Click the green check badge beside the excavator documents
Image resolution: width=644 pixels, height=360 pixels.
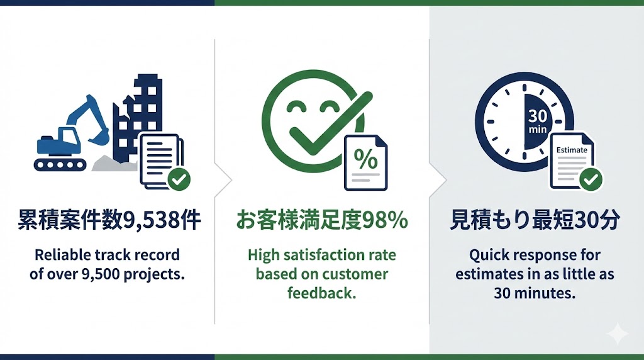coord(179,179)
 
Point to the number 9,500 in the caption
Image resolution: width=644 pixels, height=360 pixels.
coord(101,274)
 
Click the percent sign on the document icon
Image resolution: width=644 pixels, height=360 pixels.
coord(365,159)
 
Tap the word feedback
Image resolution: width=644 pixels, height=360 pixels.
coord(321,293)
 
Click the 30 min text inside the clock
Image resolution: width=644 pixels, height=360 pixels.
coord(538,121)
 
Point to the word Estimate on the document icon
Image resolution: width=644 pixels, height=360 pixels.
coord(572,150)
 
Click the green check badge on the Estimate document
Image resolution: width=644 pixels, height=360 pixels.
coord(591,179)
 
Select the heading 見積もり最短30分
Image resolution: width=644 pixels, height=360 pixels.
coord(535,220)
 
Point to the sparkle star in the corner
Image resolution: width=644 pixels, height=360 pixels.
coord(618,334)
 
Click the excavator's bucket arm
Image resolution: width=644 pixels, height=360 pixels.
coord(92,117)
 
